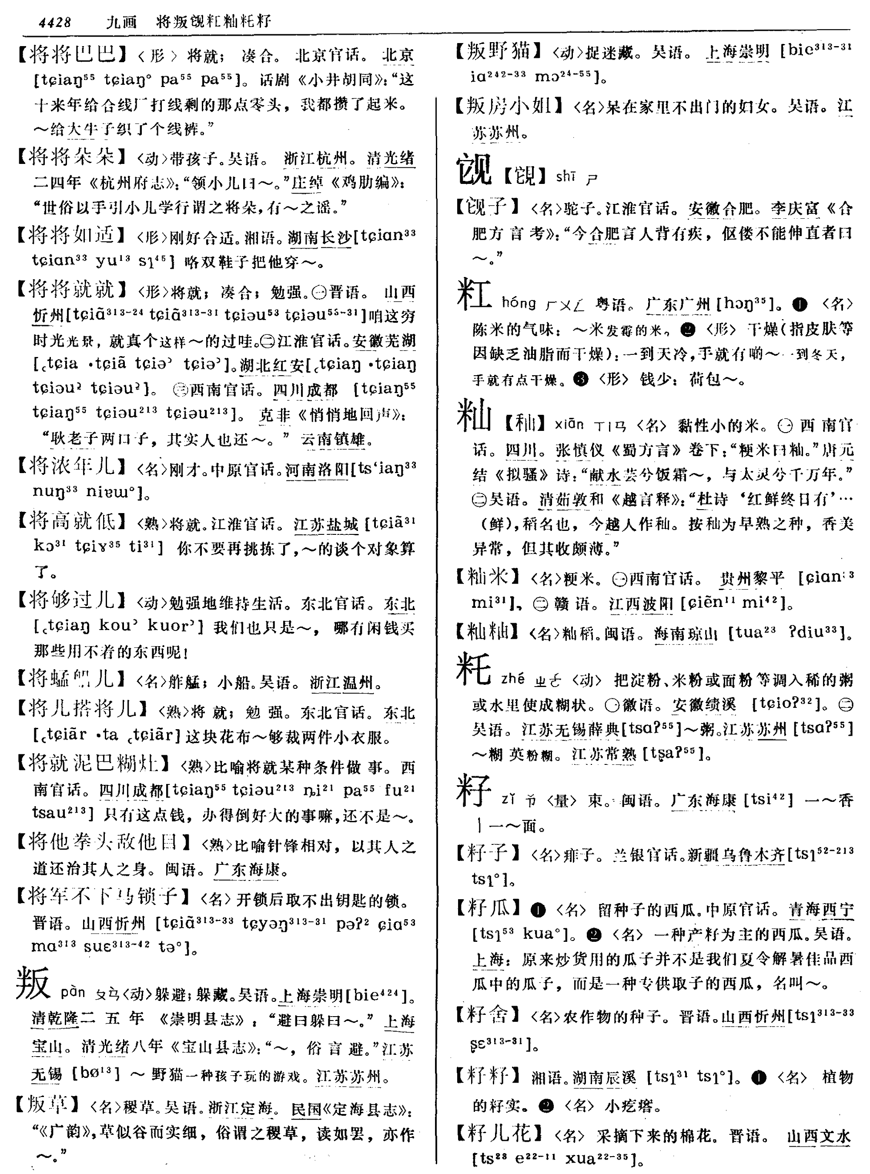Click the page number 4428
click(54, 22)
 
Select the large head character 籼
click(473, 415)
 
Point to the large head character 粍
click(473, 670)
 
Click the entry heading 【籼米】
click(488, 577)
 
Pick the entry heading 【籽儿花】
click(498, 1133)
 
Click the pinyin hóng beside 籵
click(518, 303)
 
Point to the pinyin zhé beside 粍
click(512, 679)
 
